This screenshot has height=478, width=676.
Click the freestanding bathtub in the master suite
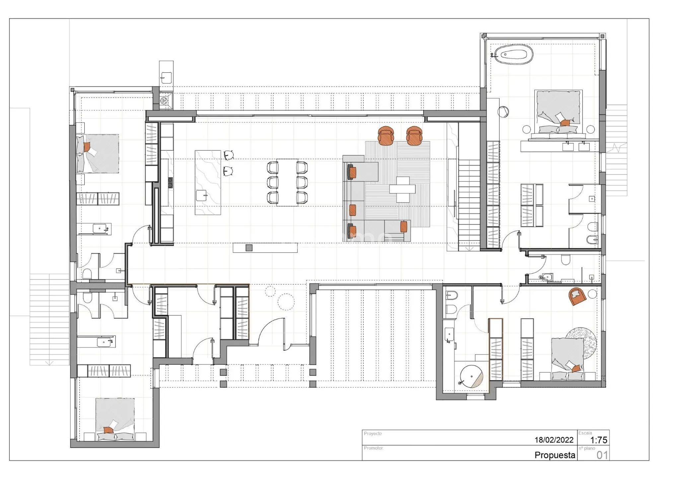[514, 55]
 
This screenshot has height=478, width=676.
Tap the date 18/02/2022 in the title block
[554, 440]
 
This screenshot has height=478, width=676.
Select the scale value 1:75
[598, 440]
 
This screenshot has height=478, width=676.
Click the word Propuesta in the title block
[555, 455]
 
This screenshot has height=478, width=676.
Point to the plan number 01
[602, 455]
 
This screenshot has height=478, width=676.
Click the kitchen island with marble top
[208, 182]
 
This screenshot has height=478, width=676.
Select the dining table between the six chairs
[287, 182]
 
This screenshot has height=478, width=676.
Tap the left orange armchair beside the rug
[386, 136]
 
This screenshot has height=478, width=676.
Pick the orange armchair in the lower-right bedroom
[577, 296]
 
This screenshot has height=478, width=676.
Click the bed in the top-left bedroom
[98, 154]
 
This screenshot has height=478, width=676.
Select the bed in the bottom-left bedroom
[115, 419]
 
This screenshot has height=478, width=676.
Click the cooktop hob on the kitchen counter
[170, 183]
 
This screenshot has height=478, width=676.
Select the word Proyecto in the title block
[373, 434]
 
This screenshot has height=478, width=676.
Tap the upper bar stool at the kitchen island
[229, 155]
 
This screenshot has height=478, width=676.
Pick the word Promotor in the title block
[373, 448]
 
